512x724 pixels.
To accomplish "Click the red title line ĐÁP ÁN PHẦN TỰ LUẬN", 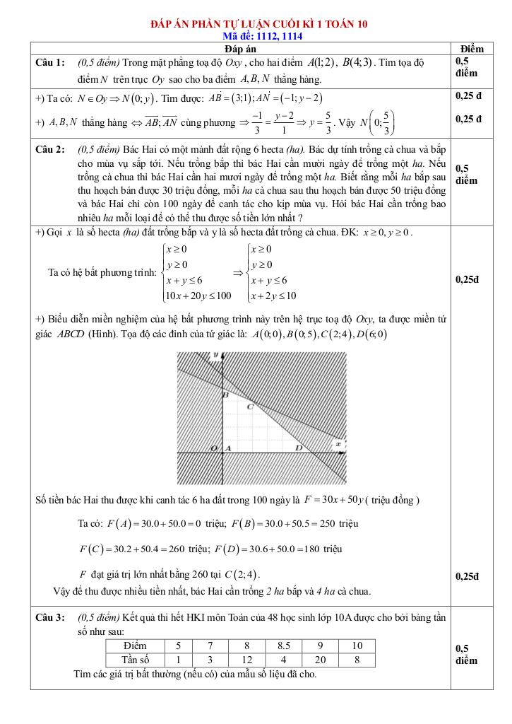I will coord(259,24).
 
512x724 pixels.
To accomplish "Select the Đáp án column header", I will coord(241,49).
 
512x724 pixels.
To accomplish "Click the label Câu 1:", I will coord(50,63).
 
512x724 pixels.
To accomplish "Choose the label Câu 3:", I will coord(50,617).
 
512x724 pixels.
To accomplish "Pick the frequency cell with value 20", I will coord(321,660).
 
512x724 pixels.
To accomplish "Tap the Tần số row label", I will coord(135,660).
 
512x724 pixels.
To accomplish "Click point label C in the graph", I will coord(250,407).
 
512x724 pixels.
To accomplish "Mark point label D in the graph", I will coord(298,448).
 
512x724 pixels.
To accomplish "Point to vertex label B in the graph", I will coord(225,396).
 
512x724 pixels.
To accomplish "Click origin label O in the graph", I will coord(213,448).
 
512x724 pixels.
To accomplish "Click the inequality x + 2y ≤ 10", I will coord(273,296).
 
